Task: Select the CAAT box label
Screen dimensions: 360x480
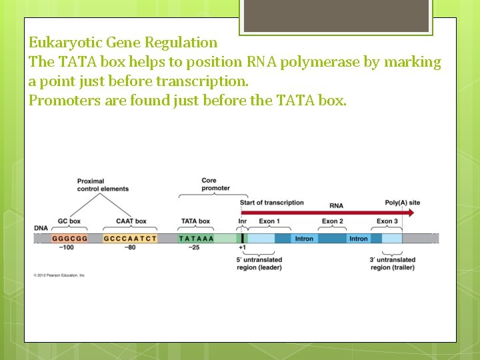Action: coord(131,221)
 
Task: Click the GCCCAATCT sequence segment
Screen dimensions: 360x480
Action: coord(131,238)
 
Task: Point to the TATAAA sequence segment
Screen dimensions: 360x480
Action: coord(196,238)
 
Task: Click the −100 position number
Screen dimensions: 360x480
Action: coord(66,248)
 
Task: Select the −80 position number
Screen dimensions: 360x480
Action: coord(131,248)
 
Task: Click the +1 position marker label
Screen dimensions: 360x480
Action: coord(242,248)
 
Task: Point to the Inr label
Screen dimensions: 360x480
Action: coord(242,221)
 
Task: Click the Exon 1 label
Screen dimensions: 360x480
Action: coord(269,221)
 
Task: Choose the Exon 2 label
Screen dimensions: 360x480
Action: coord(332,221)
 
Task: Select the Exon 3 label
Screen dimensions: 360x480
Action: coord(387,221)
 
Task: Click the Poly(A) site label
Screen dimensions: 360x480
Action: coord(403,203)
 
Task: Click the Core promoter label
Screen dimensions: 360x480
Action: coord(215,184)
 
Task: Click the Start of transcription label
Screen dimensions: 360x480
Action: coord(271,203)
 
